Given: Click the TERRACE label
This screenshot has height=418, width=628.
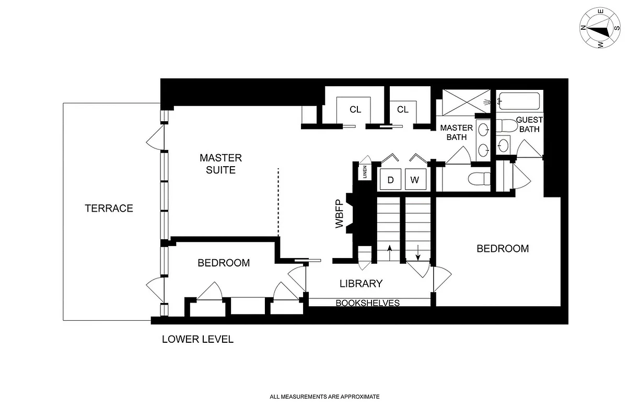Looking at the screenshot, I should (109, 208).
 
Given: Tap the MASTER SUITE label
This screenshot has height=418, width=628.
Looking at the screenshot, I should (220, 164).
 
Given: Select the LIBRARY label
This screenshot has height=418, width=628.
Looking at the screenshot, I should (361, 284).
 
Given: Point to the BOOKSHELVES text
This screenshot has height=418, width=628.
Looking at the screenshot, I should (367, 303).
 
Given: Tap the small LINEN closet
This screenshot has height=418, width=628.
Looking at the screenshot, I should (364, 173).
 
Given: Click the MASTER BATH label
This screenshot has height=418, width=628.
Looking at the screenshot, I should (456, 133).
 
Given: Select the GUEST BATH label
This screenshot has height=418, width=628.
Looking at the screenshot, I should (529, 124).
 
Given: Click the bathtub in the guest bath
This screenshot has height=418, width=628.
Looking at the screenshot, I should (519, 100).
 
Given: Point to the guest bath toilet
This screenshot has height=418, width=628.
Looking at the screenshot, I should (506, 125).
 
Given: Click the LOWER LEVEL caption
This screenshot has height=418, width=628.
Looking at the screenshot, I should (197, 340).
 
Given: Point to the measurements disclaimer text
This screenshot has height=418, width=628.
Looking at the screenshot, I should (324, 397).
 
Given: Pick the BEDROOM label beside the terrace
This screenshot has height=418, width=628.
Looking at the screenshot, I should (224, 263).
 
